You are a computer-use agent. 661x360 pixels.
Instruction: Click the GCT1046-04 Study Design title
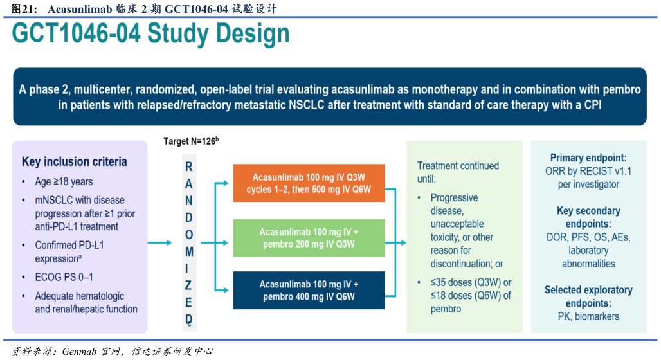point(150,34)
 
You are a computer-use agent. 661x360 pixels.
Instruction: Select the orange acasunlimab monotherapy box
point(309,183)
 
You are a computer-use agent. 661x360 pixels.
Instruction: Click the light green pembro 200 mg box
point(309,238)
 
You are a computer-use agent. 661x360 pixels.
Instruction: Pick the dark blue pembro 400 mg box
point(309,291)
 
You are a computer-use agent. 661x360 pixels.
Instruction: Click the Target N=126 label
point(191,141)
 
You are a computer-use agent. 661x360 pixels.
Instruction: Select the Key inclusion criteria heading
point(75,161)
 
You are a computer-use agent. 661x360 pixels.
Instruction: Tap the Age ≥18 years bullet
point(64,181)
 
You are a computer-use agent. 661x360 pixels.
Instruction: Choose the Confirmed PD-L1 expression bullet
point(69,251)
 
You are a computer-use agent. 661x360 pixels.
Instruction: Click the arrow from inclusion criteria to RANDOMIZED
point(159,242)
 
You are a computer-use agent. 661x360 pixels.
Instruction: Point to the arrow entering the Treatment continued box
point(399,242)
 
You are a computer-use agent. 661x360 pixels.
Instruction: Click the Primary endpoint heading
point(588,158)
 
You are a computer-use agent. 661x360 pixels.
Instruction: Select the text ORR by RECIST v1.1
point(588,171)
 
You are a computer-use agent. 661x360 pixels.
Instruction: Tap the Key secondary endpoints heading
point(588,217)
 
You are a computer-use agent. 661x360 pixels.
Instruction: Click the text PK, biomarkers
point(588,316)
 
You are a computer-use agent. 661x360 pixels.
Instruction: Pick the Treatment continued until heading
point(458,172)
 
